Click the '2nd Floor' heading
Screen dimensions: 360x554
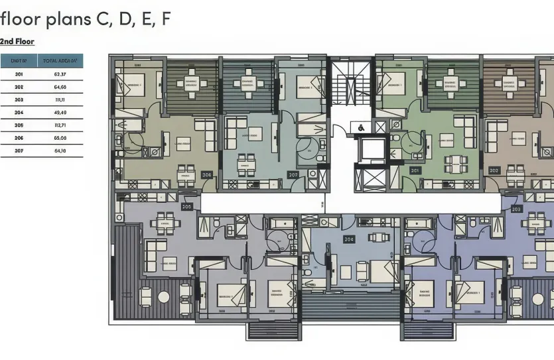pyautogui.click(x=17, y=41)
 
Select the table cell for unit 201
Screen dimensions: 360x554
pyautogui.click(x=19, y=74)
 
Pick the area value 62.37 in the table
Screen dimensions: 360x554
pyautogui.click(x=60, y=74)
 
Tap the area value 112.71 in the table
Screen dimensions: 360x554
pyautogui.click(x=60, y=125)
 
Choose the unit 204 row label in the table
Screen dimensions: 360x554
pyautogui.click(x=19, y=112)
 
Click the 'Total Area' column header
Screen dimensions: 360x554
pyautogui.click(x=61, y=60)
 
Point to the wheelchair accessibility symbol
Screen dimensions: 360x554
pyautogui.click(x=361, y=127)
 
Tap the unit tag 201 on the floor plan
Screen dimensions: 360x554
pyautogui.click(x=415, y=170)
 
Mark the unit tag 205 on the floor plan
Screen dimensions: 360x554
pyautogui.click(x=186, y=207)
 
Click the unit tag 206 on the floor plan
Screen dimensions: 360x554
pyautogui.click(x=206, y=175)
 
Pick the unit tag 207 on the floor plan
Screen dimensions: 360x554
pyautogui.click(x=293, y=175)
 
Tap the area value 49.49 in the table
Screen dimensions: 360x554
pyautogui.click(x=60, y=112)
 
